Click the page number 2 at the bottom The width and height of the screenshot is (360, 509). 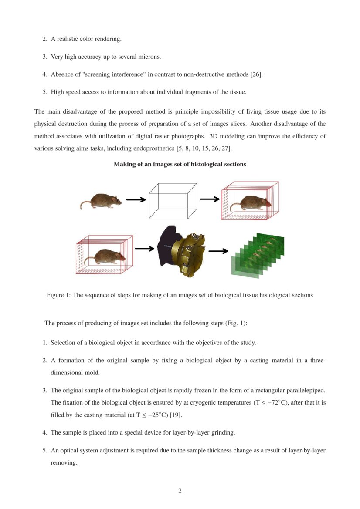coord(180,491)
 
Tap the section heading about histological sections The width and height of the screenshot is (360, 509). coord(180,164)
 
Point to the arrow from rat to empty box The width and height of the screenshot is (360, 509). coord(136,200)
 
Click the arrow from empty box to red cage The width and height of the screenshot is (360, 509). coord(210,199)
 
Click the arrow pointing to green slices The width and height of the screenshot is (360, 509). coord(218,251)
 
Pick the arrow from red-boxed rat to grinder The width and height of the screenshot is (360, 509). coord(145,249)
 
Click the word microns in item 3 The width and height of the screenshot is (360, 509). coord(150,57)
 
